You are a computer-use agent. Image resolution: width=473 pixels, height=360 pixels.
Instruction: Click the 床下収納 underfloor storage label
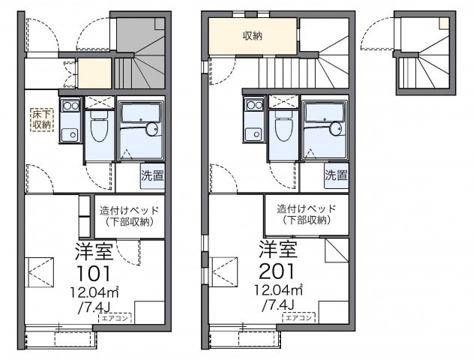42,119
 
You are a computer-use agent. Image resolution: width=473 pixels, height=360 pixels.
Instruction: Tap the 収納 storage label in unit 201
253,36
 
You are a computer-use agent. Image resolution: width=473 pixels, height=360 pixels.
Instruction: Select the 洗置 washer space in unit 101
153,176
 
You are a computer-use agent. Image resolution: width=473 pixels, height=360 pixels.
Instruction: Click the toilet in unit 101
99,127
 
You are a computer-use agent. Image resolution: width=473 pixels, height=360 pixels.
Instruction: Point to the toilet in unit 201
283,127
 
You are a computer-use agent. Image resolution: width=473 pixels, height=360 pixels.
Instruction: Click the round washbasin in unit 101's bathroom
151,129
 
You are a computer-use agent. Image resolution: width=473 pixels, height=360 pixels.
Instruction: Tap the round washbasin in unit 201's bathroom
336,129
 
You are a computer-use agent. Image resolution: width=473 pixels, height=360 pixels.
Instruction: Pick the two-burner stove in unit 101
70,105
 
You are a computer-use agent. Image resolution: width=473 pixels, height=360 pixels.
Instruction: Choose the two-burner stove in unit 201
255,105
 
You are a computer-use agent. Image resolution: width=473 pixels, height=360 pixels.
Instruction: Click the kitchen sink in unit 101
70,134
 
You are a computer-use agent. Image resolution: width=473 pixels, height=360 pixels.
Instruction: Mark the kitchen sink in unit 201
254,134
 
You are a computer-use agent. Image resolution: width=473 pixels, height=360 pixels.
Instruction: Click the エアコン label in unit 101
115,318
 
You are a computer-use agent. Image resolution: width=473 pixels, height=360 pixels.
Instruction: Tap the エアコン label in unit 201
299,317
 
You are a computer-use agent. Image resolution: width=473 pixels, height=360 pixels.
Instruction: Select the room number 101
94,274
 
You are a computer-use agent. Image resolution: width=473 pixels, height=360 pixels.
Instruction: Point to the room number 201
277,271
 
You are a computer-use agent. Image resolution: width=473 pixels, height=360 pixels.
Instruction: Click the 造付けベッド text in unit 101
130,210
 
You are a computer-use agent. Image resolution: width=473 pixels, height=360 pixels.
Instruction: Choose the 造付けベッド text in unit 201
307,208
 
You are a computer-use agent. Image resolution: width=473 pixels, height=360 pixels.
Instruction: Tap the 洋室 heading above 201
278,249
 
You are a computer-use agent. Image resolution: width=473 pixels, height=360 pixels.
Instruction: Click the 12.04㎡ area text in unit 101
94,292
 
